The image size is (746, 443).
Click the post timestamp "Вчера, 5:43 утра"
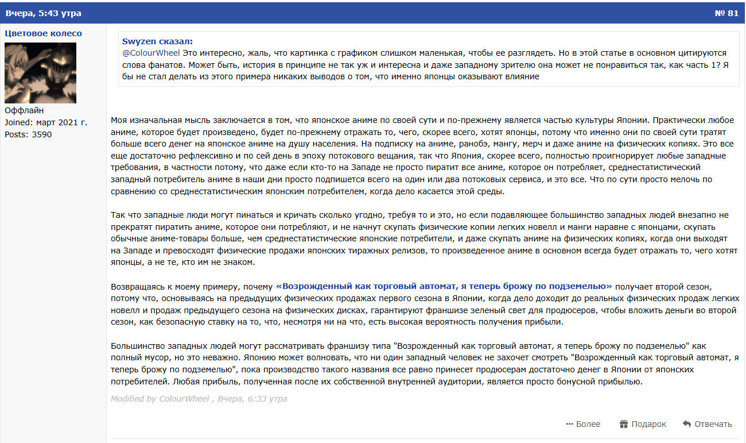coord(43,13)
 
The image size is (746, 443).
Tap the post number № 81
coord(726,13)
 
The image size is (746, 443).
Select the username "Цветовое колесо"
coord(43,33)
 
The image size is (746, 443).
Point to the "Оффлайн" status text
coord(24,110)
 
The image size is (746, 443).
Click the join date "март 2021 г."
coord(61,122)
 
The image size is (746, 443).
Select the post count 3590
coord(41,134)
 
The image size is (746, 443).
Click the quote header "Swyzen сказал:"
coord(157,41)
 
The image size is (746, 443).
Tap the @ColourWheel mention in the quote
coord(151,52)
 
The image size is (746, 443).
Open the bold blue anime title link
coord(444,286)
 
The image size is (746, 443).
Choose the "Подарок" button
coord(648,424)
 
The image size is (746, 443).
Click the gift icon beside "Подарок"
coord(624,424)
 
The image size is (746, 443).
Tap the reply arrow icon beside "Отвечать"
coord(686,424)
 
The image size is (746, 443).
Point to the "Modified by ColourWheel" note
coord(160,399)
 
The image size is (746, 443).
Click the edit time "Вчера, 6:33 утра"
coord(252,399)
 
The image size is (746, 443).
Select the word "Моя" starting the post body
coord(119,120)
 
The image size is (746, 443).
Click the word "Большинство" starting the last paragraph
coord(137,346)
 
